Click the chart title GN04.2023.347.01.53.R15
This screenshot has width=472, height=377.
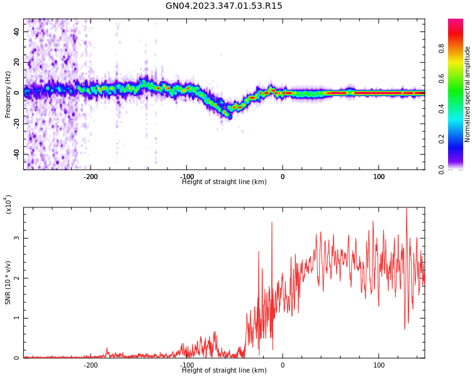click(224, 6)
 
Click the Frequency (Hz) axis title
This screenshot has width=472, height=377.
click(8, 94)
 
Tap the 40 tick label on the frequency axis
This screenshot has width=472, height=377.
click(17, 31)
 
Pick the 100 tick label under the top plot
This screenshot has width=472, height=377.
click(379, 177)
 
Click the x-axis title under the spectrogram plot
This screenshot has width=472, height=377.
click(224, 182)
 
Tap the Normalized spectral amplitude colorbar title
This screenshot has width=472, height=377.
click(468, 94)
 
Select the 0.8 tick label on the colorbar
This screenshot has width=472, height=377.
click(459, 47)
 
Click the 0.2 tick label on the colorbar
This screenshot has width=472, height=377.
click(459, 139)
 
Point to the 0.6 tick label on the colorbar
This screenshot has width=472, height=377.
click(459, 78)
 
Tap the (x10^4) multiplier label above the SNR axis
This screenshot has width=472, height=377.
click(8, 204)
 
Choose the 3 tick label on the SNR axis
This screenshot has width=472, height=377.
click(17, 238)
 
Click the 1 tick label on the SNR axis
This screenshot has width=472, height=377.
click(17, 318)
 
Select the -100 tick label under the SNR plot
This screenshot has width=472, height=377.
click(186, 365)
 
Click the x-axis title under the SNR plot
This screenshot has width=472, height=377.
click(224, 371)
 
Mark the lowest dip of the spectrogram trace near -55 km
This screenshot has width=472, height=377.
click(229, 116)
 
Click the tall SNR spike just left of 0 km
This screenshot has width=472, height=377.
click(272, 222)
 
